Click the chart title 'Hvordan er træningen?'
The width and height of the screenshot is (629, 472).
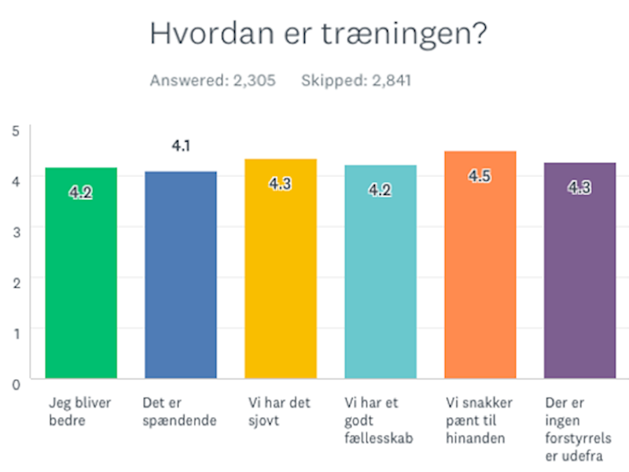pos(318,34)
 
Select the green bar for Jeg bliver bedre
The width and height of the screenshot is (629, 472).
pos(81,273)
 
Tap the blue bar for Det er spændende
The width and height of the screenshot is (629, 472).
pos(181,275)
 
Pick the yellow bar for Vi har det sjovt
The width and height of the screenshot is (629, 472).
pos(281,268)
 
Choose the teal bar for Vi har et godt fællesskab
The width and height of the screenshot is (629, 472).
pos(381,271)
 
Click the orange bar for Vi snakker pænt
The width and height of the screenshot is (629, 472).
pos(480,265)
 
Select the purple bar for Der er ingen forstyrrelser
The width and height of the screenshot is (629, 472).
pos(579,271)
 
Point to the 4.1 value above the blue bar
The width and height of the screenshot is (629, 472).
pos(181,146)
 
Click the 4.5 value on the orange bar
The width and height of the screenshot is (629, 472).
pos(480,175)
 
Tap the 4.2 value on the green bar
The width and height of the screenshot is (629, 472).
pos(81,193)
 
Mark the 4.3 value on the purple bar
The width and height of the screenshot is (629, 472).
pos(579,187)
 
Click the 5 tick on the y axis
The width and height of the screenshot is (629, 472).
pos(16,131)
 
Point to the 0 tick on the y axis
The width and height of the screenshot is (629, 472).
pos(16,385)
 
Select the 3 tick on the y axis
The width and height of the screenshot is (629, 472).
pos(16,232)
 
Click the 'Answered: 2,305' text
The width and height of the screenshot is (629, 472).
pos(212,81)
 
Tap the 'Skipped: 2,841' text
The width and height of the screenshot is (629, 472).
pos(356,81)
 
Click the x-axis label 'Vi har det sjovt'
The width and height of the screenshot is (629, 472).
pos(279,411)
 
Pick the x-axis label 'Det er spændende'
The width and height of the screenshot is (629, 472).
pos(179,411)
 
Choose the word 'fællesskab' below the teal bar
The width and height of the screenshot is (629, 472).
pos(379,438)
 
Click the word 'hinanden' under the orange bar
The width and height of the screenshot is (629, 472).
pos(476,438)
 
